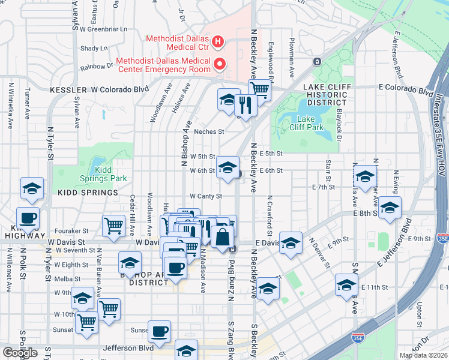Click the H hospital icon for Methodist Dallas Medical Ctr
(x=218, y=42)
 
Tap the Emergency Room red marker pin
(x=220, y=63)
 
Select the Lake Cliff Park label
(x=310, y=123)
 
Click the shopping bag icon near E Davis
(x=222, y=236)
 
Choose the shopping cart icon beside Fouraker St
(x=113, y=226)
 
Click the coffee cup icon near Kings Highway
(x=28, y=217)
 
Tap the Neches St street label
(x=208, y=132)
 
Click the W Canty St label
(x=206, y=196)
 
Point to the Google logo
(x=20, y=353)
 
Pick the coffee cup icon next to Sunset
(x=159, y=331)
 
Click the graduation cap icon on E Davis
(x=291, y=242)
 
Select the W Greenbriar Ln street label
(x=98, y=28)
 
